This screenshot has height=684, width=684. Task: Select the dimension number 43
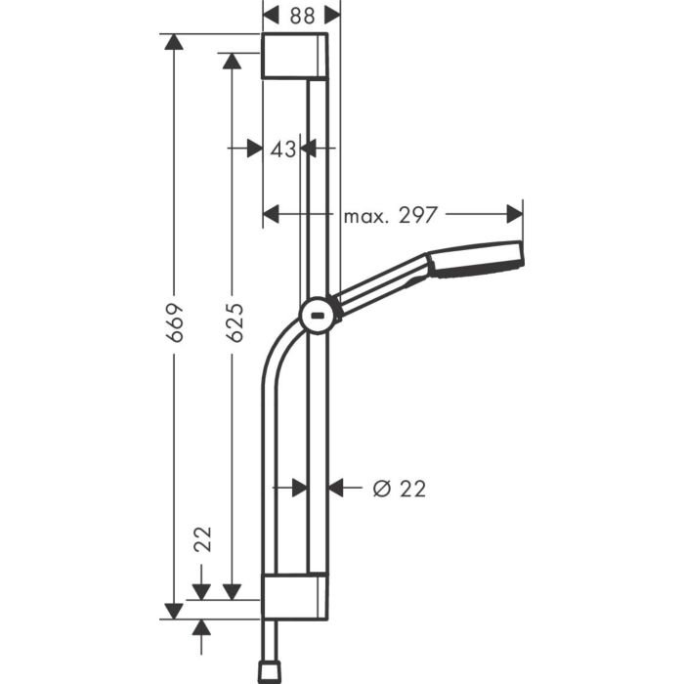(282, 149)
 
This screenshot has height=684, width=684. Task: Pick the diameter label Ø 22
(401, 488)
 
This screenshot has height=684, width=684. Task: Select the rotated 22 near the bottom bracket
(203, 538)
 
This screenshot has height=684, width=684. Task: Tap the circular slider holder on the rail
(317, 315)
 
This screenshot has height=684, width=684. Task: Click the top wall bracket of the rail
(294, 56)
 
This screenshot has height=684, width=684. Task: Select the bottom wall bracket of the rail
(295, 596)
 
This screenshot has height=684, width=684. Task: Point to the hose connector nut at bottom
(267, 671)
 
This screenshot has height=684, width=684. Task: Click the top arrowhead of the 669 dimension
(174, 43)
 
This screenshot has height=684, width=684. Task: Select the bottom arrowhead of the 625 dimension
(232, 590)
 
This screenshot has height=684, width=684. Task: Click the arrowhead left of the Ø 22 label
(337, 487)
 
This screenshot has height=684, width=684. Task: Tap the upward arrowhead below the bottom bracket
(202, 627)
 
